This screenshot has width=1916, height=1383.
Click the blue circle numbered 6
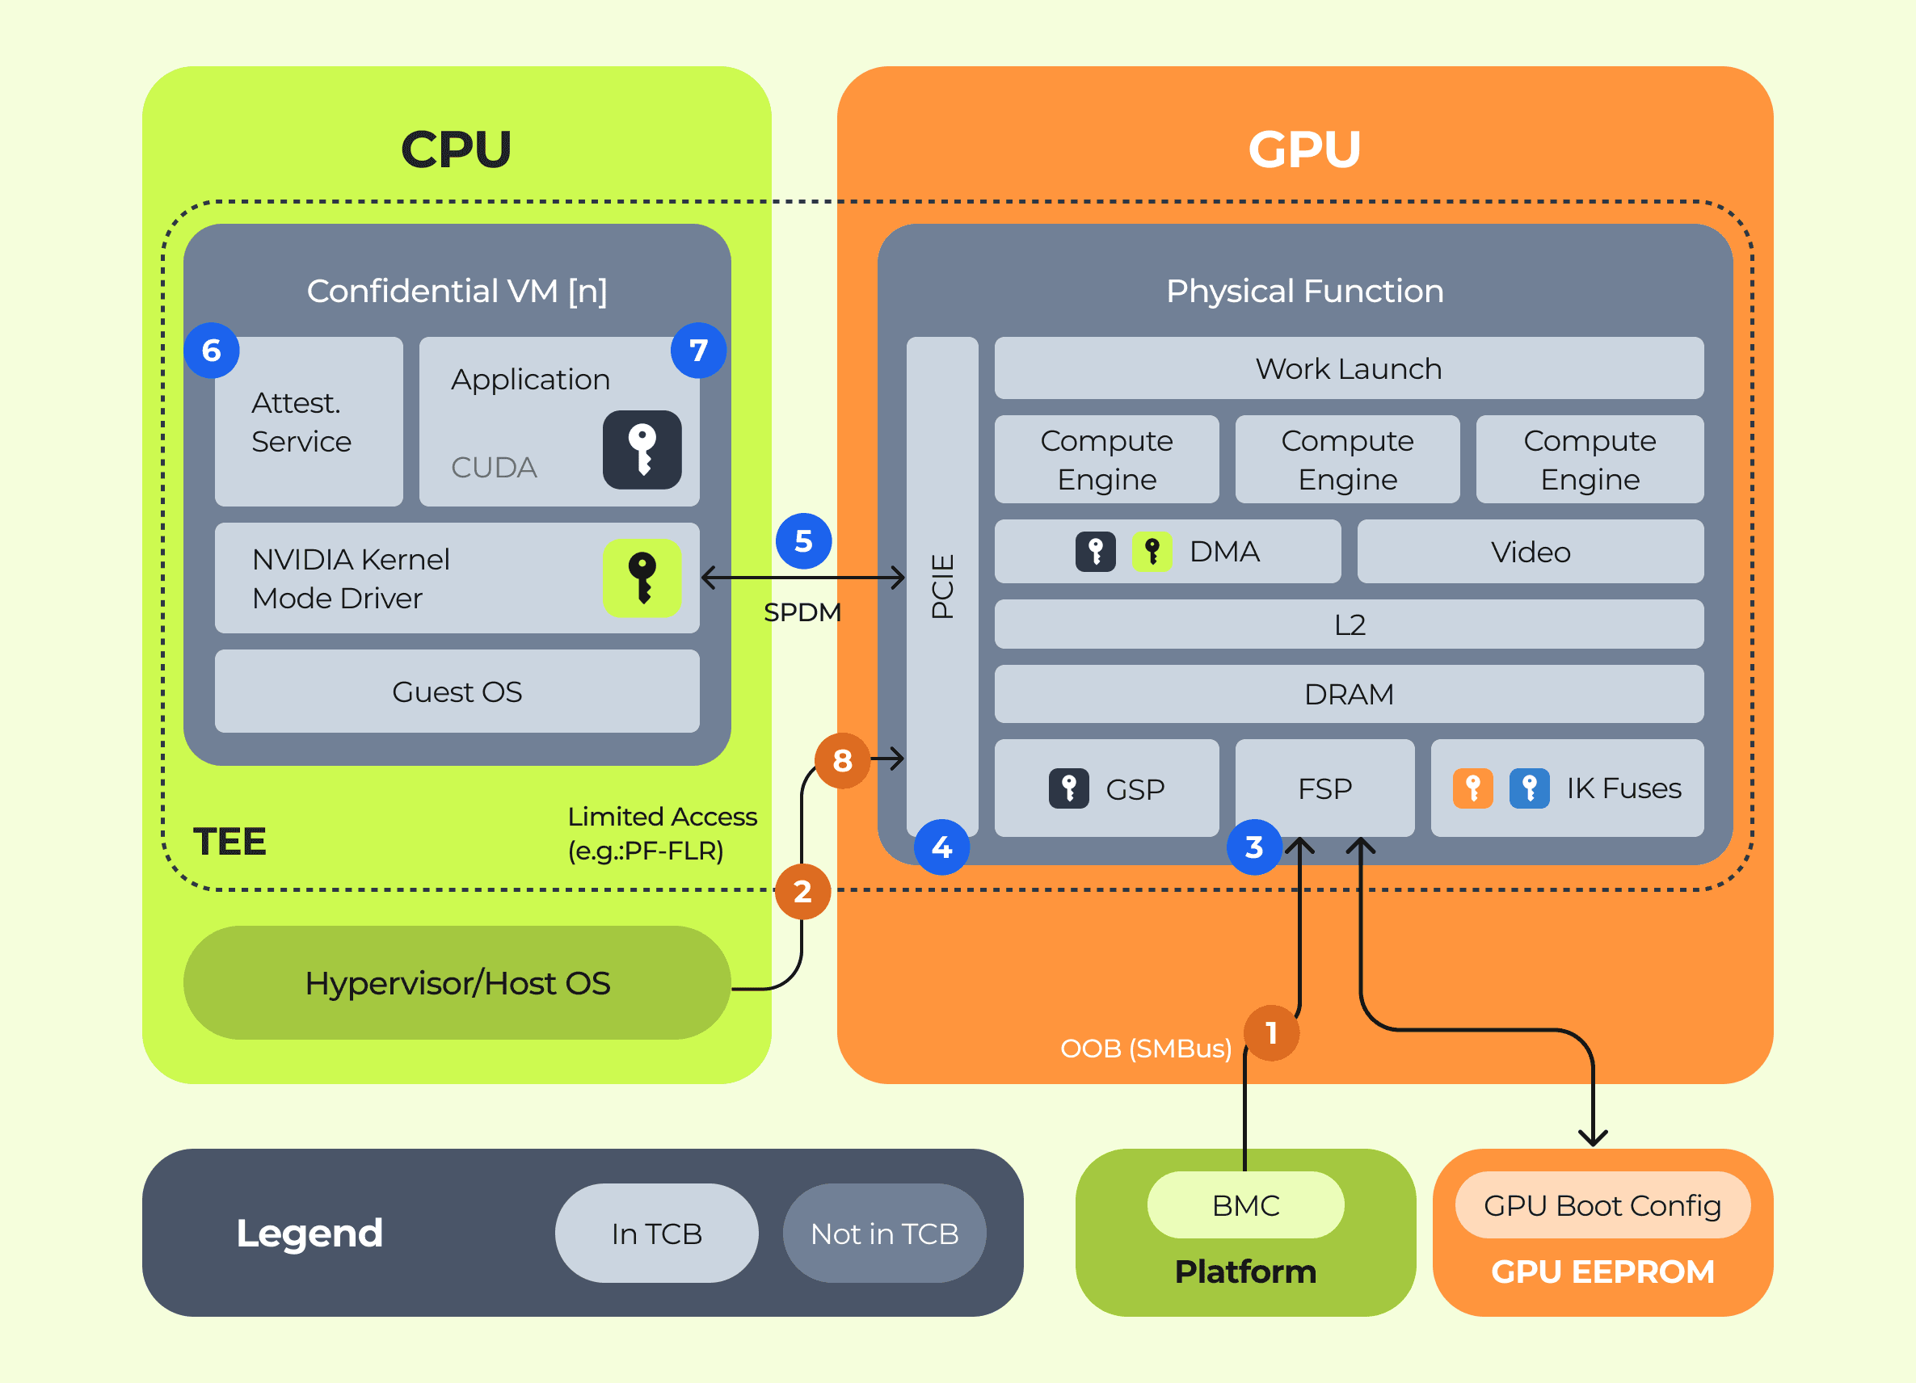tap(211, 351)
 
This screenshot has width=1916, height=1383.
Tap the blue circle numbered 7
tap(698, 351)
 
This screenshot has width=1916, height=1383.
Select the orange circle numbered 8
tap(841, 761)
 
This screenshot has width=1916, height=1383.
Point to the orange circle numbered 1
tap(1270, 1032)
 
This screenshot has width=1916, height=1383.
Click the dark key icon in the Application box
tap(642, 450)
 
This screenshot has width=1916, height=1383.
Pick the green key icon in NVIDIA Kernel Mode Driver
tap(642, 578)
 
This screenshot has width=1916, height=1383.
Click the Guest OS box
tap(457, 691)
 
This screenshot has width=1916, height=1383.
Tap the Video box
tap(1530, 553)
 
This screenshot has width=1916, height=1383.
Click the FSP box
tap(1324, 788)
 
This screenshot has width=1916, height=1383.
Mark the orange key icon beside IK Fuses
tap(1472, 788)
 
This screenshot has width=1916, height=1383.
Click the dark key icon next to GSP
tap(1068, 788)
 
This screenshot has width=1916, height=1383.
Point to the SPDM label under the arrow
tap(802, 612)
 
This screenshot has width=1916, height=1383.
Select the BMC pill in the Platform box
tap(1245, 1204)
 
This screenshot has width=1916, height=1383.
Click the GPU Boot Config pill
tap(1602, 1204)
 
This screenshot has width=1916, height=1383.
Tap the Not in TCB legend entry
tap(884, 1234)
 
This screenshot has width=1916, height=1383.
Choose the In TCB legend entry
tap(656, 1234)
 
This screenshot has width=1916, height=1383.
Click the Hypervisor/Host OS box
tap(457, 983)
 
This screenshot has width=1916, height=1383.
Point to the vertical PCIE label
tap(942, 586)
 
